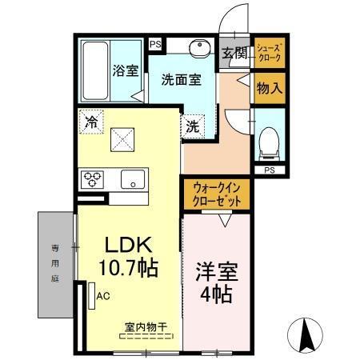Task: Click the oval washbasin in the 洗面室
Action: pos(198,48)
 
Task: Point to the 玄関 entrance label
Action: pos(234,54)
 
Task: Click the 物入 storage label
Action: pos(268,88)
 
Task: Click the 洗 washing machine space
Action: pos(193,126)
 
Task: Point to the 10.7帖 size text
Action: pos(126,268)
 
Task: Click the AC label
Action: pos(103,295)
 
